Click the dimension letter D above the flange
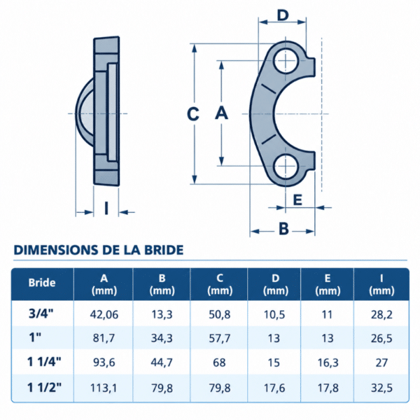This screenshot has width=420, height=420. [283, 15]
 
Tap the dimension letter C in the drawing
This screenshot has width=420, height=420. [193, 114]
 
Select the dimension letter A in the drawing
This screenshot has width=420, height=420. [221, 113]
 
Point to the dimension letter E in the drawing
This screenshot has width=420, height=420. [298, 199]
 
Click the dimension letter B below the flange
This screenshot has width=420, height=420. [283, 229]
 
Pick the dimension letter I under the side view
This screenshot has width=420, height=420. [106, 209]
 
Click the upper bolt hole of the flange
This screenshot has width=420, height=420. [286, 61]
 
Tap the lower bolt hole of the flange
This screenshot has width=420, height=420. [286, 166]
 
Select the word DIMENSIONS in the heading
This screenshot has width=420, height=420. [56, 250]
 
